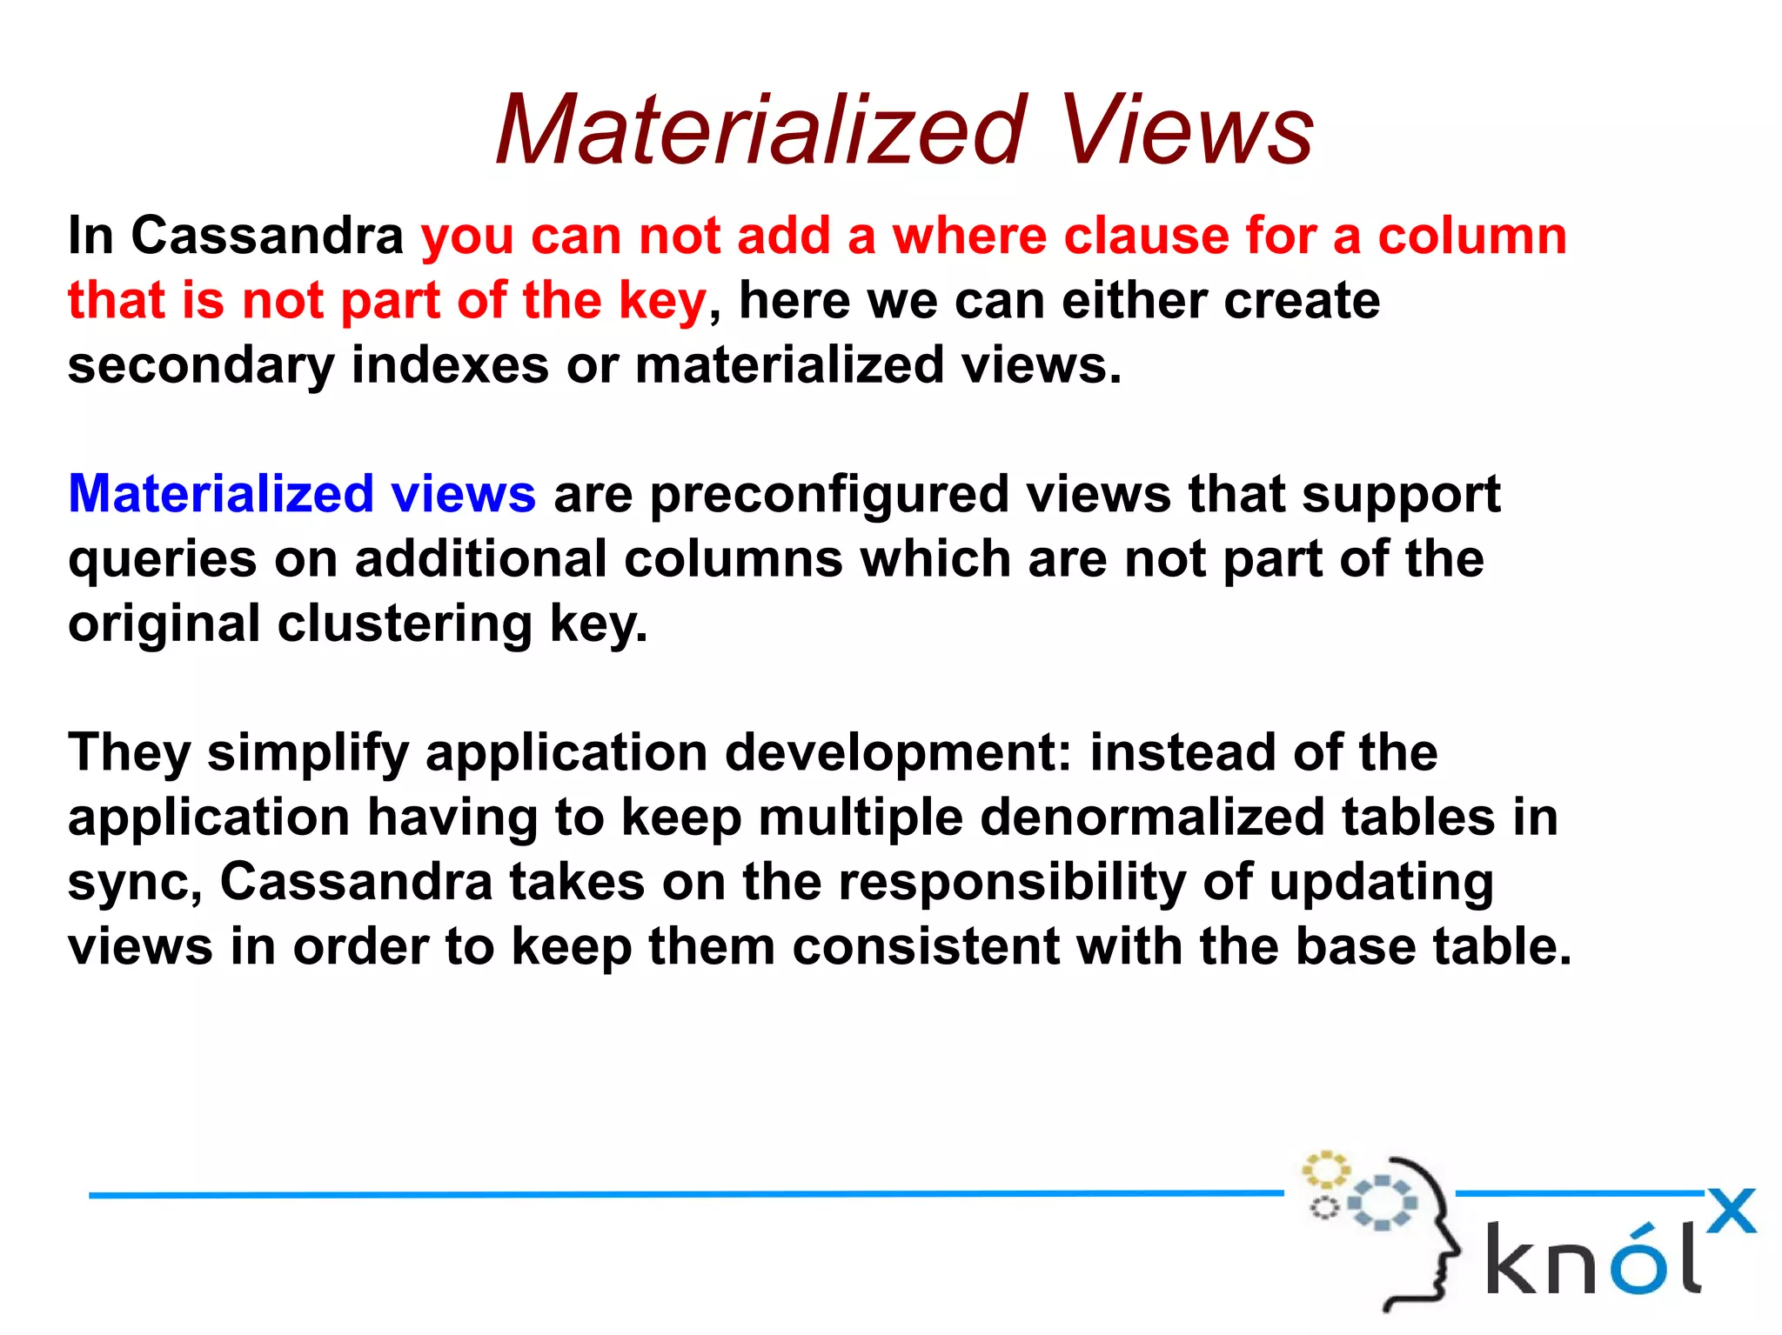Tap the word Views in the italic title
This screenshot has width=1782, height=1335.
pos(1186,130)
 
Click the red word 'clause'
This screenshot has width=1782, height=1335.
pos(1146,236)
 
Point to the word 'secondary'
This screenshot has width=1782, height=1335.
pos(200,365)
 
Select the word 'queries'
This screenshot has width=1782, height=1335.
pos(162,560)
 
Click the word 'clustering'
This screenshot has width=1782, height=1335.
pos(404,624)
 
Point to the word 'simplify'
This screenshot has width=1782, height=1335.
pos(307,753)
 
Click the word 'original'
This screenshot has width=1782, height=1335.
pos(164,624)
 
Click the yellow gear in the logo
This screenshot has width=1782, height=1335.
pos(1324,1170)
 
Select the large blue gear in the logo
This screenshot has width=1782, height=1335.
pos(1382,1203)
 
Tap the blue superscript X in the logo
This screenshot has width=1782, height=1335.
pos(1731,1211)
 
